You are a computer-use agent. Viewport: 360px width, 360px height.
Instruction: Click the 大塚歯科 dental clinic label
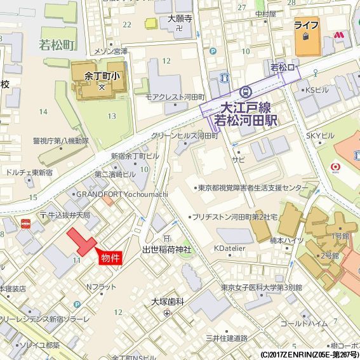pyautogui.click(x=168, y=301)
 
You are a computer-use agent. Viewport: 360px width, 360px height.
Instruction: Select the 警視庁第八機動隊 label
pyautogui.click(x=60, y=140)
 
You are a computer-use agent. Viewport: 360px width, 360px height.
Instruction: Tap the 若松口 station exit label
pyautogui.click(x=283, y=67)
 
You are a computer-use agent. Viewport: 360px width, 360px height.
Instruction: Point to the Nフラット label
pyautogui.click(x=101, y=287)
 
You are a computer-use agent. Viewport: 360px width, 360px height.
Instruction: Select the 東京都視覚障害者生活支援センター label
pyautogui.click(x=251, y=188)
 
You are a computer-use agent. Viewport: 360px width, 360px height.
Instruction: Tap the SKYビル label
pyautogui.click(x=320, y=136)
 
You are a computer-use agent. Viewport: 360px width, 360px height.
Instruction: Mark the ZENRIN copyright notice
pyautogui.click(x=309, y=354)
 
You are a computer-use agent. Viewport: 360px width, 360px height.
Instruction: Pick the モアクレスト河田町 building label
pyautogui.click(x=175, y=97)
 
